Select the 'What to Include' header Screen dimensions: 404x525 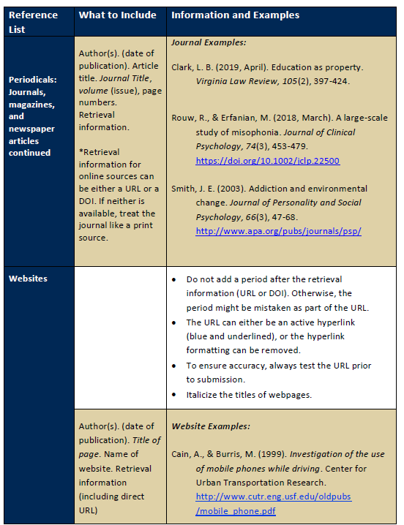coord(117,15)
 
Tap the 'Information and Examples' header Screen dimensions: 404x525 coord(235,15)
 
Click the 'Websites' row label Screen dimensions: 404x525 coord(29,279)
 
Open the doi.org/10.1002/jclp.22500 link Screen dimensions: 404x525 coord(267,161)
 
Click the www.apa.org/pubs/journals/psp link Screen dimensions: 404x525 coord(278,231)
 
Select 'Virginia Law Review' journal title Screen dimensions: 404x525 coord(238,81)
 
